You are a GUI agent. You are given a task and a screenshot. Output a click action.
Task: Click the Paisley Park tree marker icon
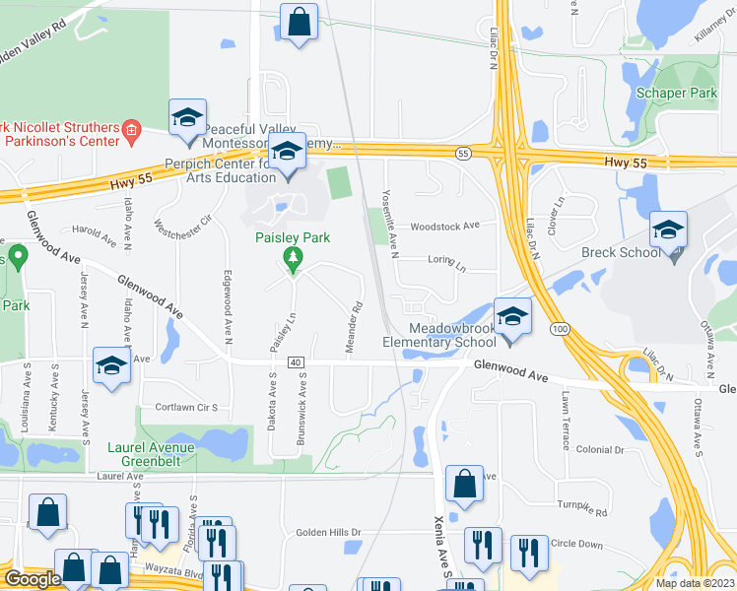pos(292,259)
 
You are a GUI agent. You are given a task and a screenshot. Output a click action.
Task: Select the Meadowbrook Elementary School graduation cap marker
pos(511,317)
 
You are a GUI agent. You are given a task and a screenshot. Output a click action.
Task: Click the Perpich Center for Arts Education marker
pos(287,153)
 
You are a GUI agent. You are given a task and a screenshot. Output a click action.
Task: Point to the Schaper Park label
pos(676,93)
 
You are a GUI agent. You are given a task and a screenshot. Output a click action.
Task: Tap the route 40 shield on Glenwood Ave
pos(296,363)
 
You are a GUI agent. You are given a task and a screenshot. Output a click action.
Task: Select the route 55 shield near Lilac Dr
pos(463,154)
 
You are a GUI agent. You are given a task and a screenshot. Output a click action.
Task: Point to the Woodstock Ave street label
pos(444,226)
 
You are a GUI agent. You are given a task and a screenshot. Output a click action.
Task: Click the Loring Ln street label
pos(446,260)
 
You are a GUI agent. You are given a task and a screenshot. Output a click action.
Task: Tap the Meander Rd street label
pos(350,317)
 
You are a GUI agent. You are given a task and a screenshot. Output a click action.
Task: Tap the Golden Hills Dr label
pos(328,533)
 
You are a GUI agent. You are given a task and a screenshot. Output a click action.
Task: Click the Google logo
pos(33,579)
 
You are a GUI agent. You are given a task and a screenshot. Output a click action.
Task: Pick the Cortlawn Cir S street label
pos(178,407)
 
